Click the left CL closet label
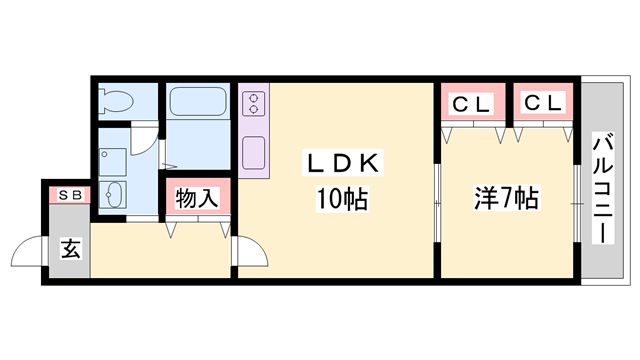(x=471, y=104)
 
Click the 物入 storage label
(x=197, y=197)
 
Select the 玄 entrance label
(x=71, y=248)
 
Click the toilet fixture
(x=117, y=101)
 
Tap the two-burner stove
(x=253, y=103)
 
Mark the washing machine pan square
(x=113, y=160)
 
